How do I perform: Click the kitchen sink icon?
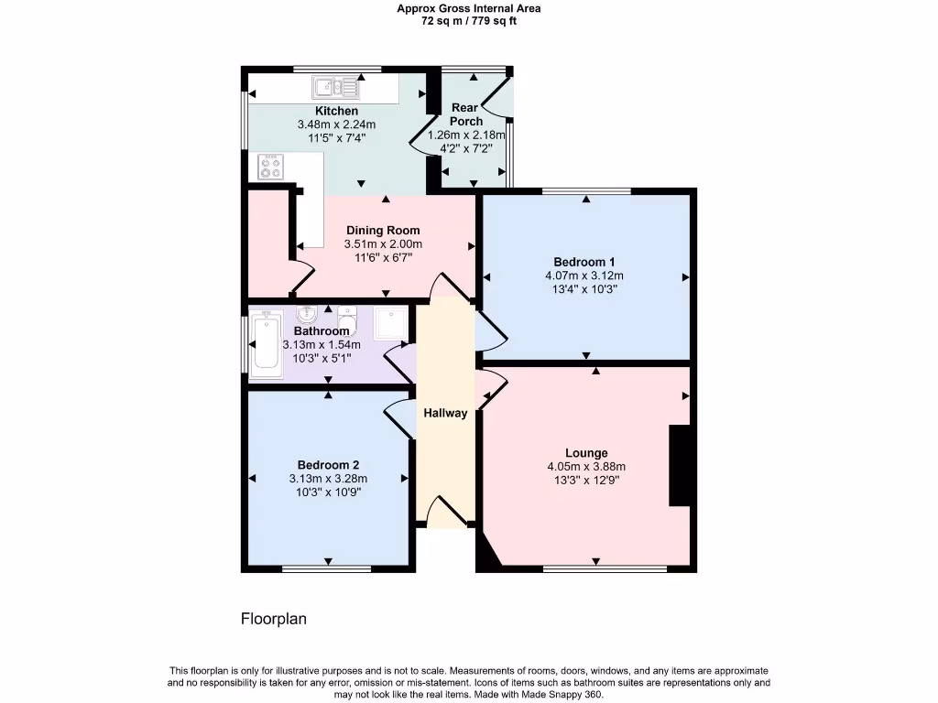[335, 88]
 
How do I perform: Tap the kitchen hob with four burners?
[271, 167]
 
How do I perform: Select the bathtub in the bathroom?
[267, 344]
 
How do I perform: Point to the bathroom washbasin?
[305, 316]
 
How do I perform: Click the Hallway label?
[445, 413]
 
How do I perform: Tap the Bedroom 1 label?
[584, 261]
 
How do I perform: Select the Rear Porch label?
[466, 114]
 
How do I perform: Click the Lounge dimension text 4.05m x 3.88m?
[586, 466]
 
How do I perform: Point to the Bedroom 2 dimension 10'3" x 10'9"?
[327, 492]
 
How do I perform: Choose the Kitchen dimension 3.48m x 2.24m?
[336, 124]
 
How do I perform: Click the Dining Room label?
[383, 231]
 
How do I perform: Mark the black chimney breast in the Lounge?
[680, 465]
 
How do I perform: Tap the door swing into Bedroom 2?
[399, 420]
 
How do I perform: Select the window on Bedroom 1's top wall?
[585, 191]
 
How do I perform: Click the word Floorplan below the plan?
[273, 619]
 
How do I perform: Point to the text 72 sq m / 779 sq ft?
[468, 20]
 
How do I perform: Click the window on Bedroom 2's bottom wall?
[326, 569]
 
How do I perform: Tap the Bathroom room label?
[322, 330]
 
